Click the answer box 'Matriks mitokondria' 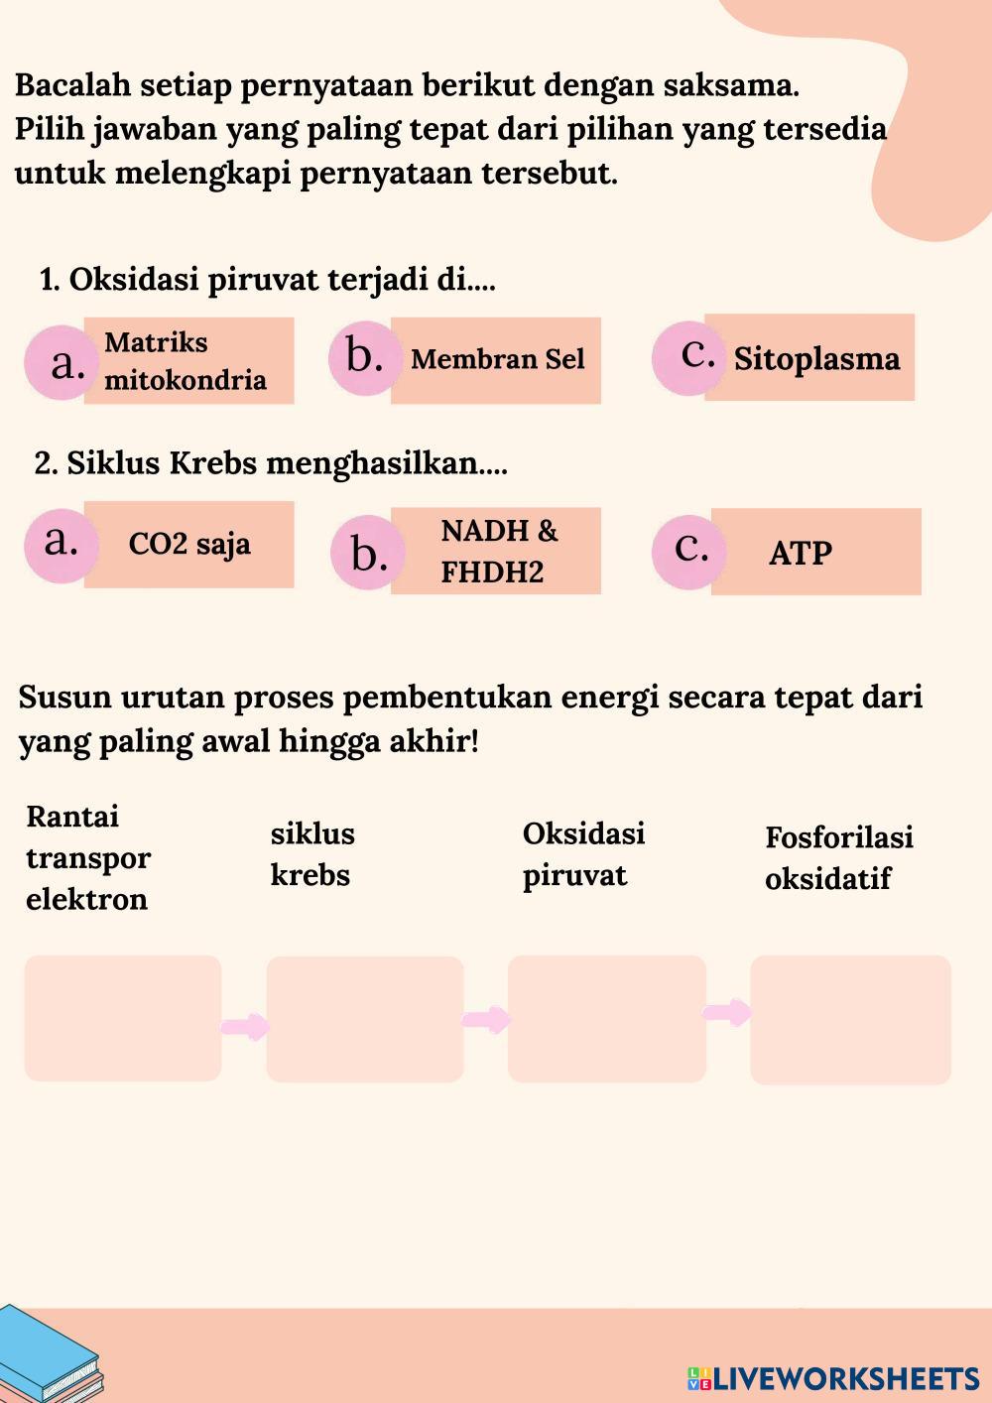(x=188, y=361)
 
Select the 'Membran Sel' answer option (x=496, y=360)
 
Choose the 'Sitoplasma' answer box (x=810, y=358)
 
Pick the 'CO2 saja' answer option (x=188, y=545)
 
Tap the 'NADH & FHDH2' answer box (x=496, y=552)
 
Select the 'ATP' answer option (x=815, y=553)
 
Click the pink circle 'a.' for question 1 (x=62, y=363)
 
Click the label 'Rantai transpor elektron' (x=87, y=858)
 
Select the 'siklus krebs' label (x=312, y=854)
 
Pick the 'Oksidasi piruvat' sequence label (x=583, y=854)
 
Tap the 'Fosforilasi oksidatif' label (x=838, y=858)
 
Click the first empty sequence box (x=123, y=1018)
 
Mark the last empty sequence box (x=850, y=1020)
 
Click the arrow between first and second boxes (x=244, y=1026)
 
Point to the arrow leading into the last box (x=727, y=1013)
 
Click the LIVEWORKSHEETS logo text (x=844, y=1378)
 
